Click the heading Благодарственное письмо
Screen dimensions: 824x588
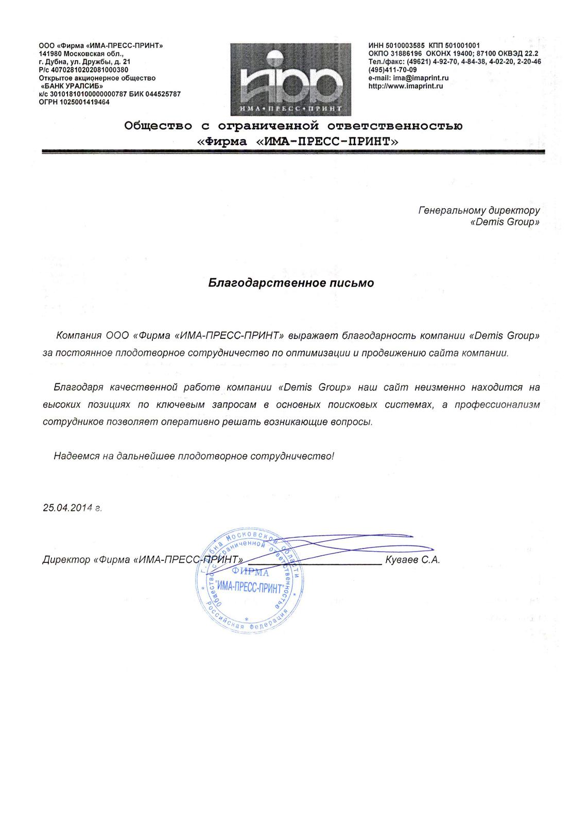point(291,283)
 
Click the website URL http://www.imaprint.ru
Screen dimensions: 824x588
point(406,86)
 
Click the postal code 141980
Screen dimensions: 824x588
point(50,54)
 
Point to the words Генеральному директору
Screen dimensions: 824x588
point(479,210)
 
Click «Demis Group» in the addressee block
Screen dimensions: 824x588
point(505,222)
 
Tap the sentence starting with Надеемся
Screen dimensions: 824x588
point(194,456)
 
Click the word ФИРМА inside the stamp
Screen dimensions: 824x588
point(250,572)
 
